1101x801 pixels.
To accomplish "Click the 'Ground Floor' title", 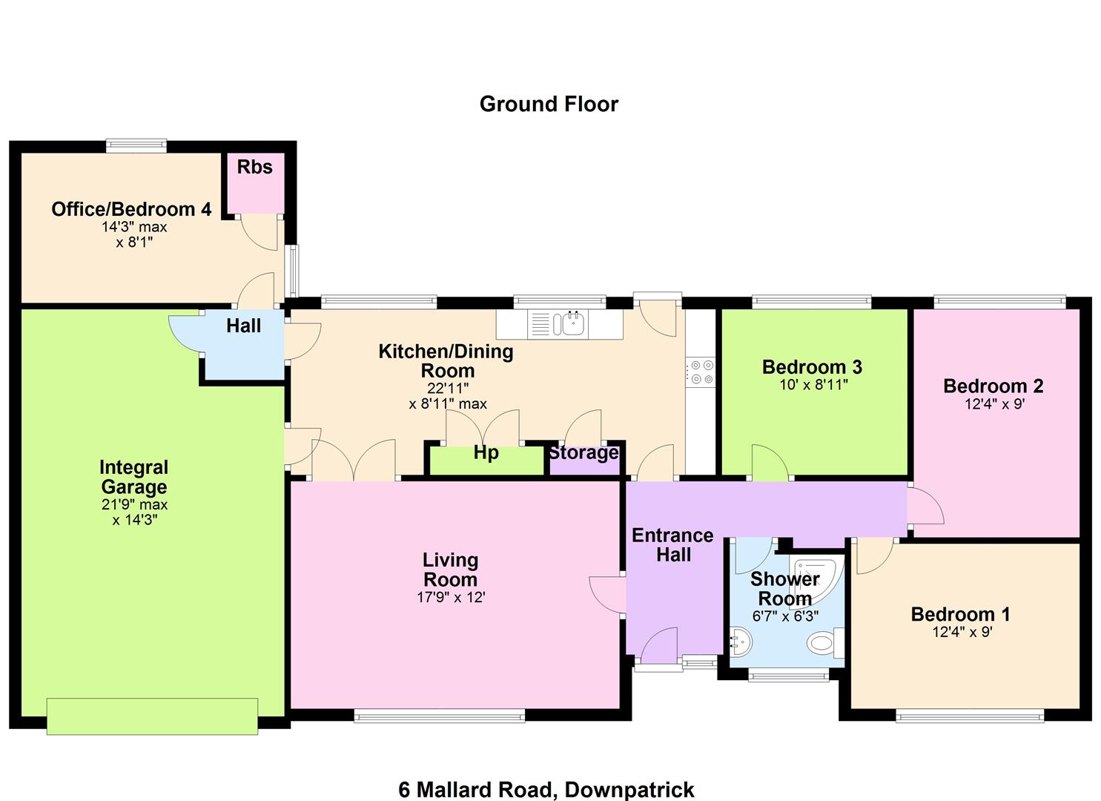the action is tap(549, 105).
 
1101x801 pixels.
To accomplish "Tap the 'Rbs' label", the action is tap(254, 167).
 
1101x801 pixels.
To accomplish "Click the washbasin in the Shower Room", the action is tap(741, 642).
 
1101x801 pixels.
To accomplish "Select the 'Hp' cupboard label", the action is tap(486, 453).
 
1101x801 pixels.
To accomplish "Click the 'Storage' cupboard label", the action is tap(583, 453).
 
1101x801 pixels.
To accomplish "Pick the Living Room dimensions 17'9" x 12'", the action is tap(451, 598).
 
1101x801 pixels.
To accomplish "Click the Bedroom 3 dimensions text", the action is tap(813, 384).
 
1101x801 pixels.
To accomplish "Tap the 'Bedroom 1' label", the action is tap(960, 614).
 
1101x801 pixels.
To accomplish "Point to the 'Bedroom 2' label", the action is tap(993, 386).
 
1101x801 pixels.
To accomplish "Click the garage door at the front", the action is tap(153, 716).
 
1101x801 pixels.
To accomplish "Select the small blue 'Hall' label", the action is tap(243, 326).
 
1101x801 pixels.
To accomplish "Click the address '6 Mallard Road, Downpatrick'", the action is tap(546, 790).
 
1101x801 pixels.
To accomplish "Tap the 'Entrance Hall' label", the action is tap(673, 545).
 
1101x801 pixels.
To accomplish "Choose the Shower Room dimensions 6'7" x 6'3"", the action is tap(785, 616).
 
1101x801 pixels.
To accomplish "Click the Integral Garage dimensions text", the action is tap(135, 512).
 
